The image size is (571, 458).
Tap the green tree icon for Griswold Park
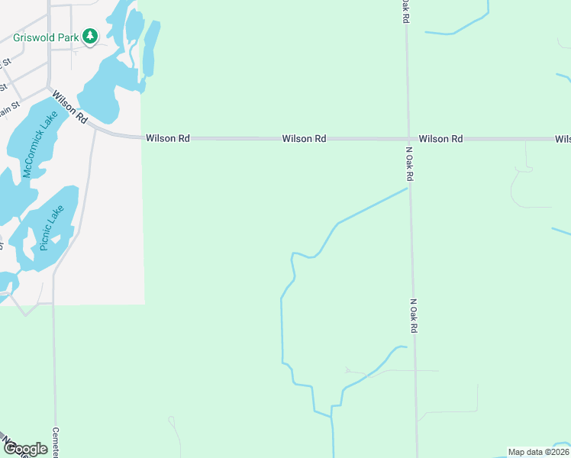coord(90,36)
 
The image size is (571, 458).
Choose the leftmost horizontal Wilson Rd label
coord(167,139)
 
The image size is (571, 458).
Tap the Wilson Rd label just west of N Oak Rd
coord(304,139)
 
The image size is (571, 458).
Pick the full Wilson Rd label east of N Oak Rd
coord(440,139)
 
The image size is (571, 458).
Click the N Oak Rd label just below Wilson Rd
coord(410,164)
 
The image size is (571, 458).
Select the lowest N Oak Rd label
coord(414,314)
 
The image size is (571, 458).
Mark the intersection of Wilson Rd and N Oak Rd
coord(408,139)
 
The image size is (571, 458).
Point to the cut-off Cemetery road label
coord(56,442)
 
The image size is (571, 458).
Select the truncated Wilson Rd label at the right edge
coord(563,139)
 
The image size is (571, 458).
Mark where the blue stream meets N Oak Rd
coord(408,188)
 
